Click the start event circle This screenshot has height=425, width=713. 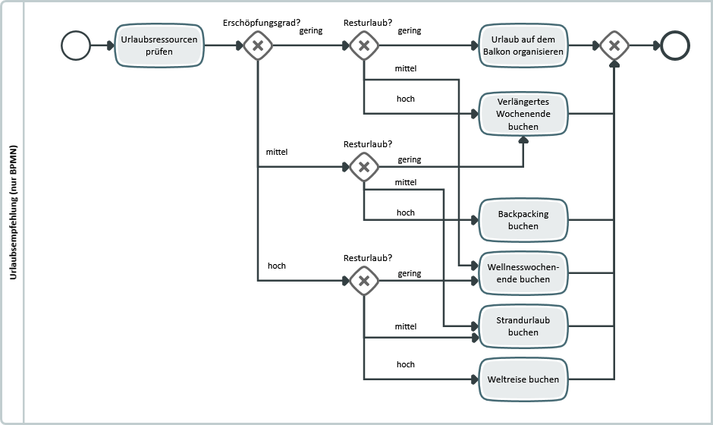point(75,46)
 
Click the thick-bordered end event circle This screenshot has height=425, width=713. point(675,46)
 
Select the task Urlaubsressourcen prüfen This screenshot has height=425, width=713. point(160,46)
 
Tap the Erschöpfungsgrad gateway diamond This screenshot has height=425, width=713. point(258,46)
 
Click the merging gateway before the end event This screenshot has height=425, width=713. point(614,46)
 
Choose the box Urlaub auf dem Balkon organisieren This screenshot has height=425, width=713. point(523,46)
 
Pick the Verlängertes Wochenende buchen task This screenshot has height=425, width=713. point(523,114)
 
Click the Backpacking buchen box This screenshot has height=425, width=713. point(523,220)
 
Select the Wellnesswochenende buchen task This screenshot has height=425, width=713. point(523,273)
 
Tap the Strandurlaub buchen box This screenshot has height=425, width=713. point(523,326)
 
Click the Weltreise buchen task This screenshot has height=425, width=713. point(523,379)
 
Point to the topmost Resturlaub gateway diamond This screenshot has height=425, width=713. point(364,46)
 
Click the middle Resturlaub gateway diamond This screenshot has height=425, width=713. point(364,167)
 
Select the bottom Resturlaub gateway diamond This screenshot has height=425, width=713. point(364,281)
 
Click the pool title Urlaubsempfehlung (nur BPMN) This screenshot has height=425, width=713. point(14,212)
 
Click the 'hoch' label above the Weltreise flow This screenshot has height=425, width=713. point(406,364)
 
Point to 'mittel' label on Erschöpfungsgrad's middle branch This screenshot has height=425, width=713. point(276,152)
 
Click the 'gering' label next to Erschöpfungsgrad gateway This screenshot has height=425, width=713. point(311,31)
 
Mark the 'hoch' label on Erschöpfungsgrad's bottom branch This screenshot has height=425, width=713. point(276,266)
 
